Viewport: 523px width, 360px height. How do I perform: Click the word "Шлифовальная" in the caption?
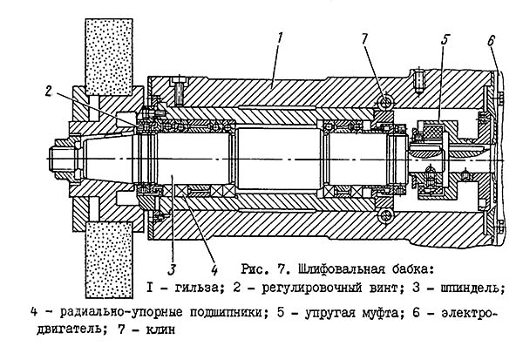329,266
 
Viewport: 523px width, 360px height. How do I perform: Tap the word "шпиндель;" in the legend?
479,287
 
